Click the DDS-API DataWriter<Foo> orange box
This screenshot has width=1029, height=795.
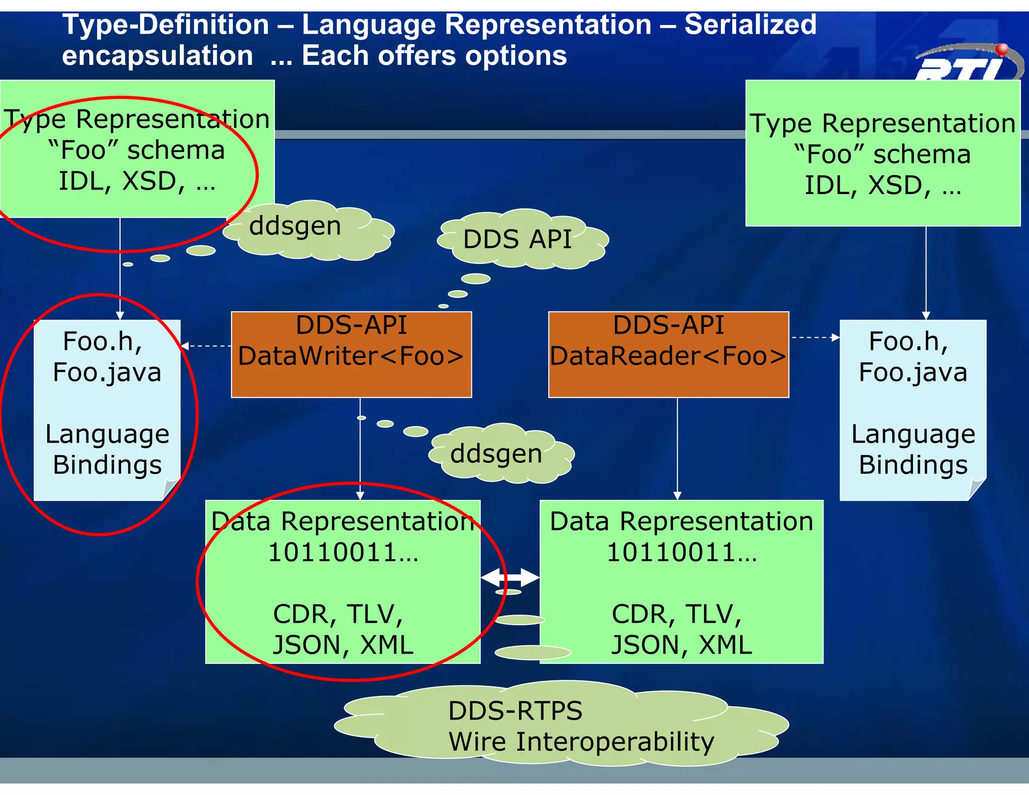[x=351, y=354]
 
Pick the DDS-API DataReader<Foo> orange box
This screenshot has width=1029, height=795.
[x=668, y=354]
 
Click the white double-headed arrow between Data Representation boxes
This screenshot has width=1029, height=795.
[x=510, y=578]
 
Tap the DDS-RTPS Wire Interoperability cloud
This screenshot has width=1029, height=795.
[x=563, y=726]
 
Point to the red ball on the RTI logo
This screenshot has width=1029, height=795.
[x=1002, y=49]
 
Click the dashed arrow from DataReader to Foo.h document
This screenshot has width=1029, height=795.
[x=814, y=337]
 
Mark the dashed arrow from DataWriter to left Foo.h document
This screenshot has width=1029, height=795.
[x=206, y=346]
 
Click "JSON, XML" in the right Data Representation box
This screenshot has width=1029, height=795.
[x=681, y=644]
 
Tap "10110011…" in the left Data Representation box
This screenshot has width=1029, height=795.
[x=343, y=553]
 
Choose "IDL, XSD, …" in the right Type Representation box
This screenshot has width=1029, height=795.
[x=883, y=185]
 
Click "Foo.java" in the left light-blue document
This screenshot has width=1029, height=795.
[x=107, y=372]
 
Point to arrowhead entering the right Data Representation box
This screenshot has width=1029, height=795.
[x=677, y=495]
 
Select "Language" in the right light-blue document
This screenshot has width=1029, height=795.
[x=913, y=434]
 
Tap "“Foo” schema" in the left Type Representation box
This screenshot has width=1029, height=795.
[x=136, y=150]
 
